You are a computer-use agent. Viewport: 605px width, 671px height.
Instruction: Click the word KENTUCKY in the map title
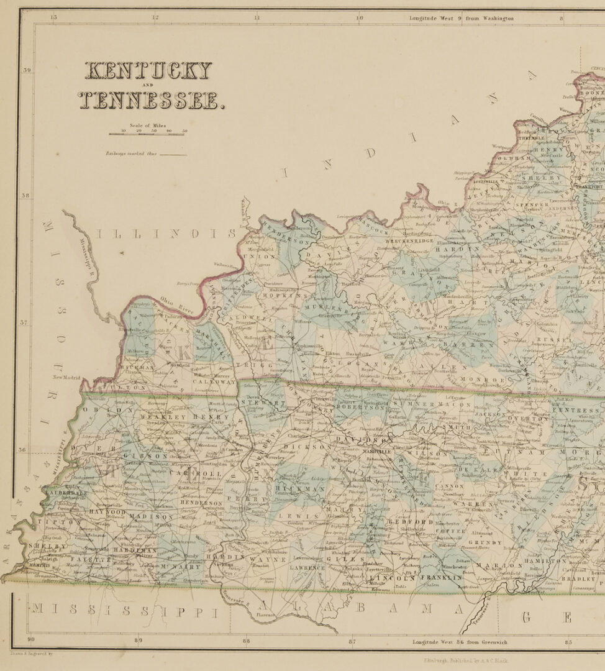[148, 71]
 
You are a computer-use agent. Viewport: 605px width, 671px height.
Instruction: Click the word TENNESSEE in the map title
[151, 100]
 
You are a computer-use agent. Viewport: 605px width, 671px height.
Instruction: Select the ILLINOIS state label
[166, 234]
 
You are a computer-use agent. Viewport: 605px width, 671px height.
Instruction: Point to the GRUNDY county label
[489, 542]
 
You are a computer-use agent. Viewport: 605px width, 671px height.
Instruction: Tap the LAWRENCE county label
[307, 567]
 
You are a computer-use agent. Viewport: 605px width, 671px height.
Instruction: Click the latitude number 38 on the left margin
[27, 196]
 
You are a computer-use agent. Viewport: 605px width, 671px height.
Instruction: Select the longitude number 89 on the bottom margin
[138, 641]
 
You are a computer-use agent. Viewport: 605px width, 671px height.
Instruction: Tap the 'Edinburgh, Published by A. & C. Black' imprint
[465, 660]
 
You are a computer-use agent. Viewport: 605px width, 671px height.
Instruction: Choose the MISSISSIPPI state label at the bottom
[125, 611]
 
